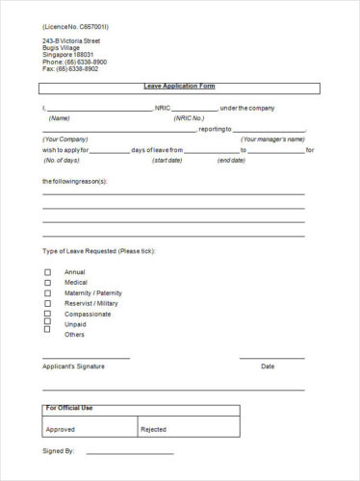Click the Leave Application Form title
180,87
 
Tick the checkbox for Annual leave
48,272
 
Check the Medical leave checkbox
48,283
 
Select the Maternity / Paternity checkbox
48,293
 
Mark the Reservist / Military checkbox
48,304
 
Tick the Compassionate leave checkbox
48,315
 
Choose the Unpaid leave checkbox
48,324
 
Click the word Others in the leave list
74,335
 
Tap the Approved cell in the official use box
61,429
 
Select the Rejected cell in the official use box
154,429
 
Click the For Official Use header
70,409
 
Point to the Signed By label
58,450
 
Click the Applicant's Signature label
73,367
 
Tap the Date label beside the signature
268,367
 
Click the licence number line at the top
76,27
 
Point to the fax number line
70,69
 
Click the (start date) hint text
167,160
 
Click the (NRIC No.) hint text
189,118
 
